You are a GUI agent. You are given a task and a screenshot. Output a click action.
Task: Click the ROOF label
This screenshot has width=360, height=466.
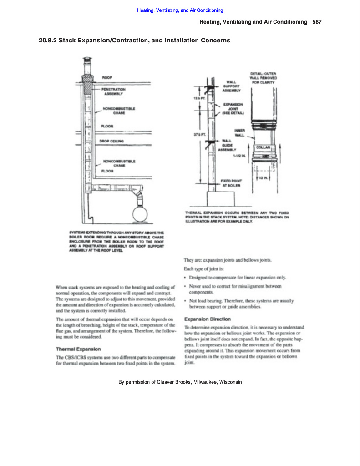point(107,78)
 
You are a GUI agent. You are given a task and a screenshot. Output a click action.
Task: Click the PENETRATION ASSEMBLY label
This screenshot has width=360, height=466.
point(113,92)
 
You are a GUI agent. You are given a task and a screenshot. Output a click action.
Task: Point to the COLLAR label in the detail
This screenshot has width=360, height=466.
point(264,147)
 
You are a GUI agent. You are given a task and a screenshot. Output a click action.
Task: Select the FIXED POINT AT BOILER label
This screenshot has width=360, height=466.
point(231,183)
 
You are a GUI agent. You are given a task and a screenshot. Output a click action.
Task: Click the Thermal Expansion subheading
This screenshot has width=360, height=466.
point(78,349)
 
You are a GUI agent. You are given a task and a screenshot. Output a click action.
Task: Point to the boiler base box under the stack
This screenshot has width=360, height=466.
point(220,198)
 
